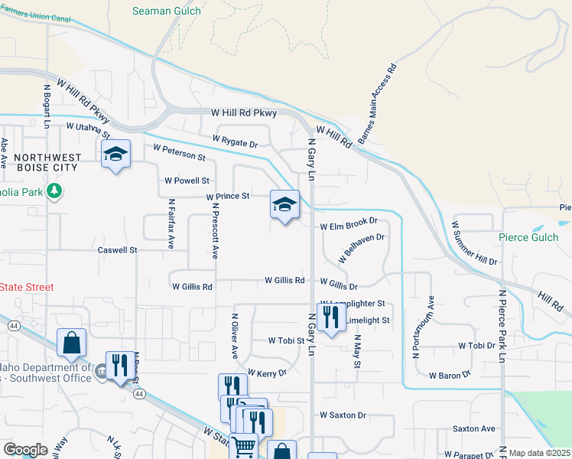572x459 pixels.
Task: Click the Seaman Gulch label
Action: click(x=166, y=11)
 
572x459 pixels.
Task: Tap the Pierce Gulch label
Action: click(x=528, y=237)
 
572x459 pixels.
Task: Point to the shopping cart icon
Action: click(x=243, y=445)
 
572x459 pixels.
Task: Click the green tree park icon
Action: click(x=54, y=190)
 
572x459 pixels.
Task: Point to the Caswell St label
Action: click(x=117, y=249)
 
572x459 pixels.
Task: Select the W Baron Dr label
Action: click(x=450, y=376)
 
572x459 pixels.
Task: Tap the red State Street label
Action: click(x=27, y=287)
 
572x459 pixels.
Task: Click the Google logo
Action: click(x=25, y=450)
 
